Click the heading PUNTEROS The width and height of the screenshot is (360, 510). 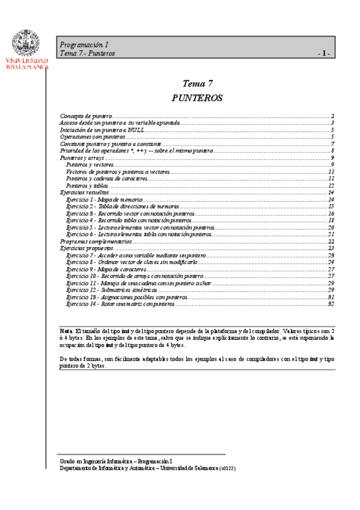click(197, 97)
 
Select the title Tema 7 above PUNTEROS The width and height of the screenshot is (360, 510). click(197, 84)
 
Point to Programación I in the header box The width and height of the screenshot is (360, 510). click(84, 45)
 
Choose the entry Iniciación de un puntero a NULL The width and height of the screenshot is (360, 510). click(102, 130)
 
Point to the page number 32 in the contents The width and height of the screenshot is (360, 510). click(331, 304)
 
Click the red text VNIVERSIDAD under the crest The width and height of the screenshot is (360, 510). click(27, 61)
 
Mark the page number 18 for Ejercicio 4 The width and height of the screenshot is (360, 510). click(331, 221)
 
